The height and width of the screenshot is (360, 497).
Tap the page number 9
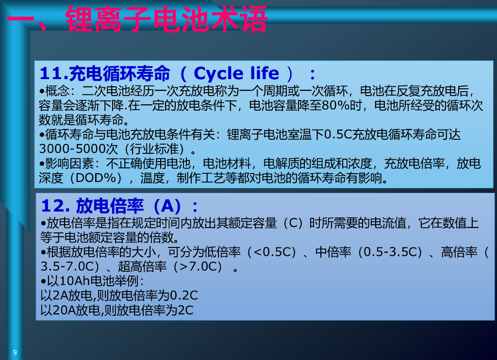(x=15, y=352)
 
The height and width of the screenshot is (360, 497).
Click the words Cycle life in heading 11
(x=236, y=73)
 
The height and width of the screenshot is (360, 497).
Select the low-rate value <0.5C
(x=274, y=252)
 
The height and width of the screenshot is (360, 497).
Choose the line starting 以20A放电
(x=117, y=310)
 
